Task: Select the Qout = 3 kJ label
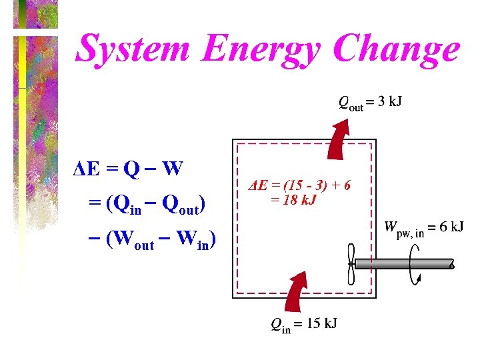tap(370, 103)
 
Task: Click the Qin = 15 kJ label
tap(303, 324)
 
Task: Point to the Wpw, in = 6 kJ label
tap(423, 227)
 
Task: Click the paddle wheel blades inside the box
tap(351, 263)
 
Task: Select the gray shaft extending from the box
tap(403, 263)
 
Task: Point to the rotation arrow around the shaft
tap(417, 264)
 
